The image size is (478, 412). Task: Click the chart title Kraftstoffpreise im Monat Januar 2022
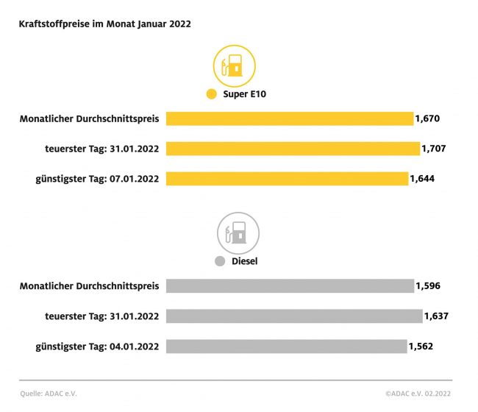[105, 24]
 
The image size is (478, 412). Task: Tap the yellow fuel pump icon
[233, 66]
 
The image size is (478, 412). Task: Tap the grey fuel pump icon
[237, 233]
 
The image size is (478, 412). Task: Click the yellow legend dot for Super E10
[212, 94]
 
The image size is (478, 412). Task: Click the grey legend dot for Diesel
[219, 261]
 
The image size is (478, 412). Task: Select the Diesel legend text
[245, 261]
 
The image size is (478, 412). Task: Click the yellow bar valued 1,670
[290, 118]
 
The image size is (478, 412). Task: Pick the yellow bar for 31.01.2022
[293, 149]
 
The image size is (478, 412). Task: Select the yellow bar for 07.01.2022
[287, 179]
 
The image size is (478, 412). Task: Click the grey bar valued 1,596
[290, 286]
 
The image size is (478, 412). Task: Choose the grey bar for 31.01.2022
[294, 316]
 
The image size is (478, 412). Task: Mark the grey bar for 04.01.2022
[286, 347]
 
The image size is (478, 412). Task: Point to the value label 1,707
[434, 149]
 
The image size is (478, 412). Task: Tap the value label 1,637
[436, 316]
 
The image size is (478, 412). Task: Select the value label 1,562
[421, 347]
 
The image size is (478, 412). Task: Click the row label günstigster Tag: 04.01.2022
[98, 347]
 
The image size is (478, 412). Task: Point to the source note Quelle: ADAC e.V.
[48, 394]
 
